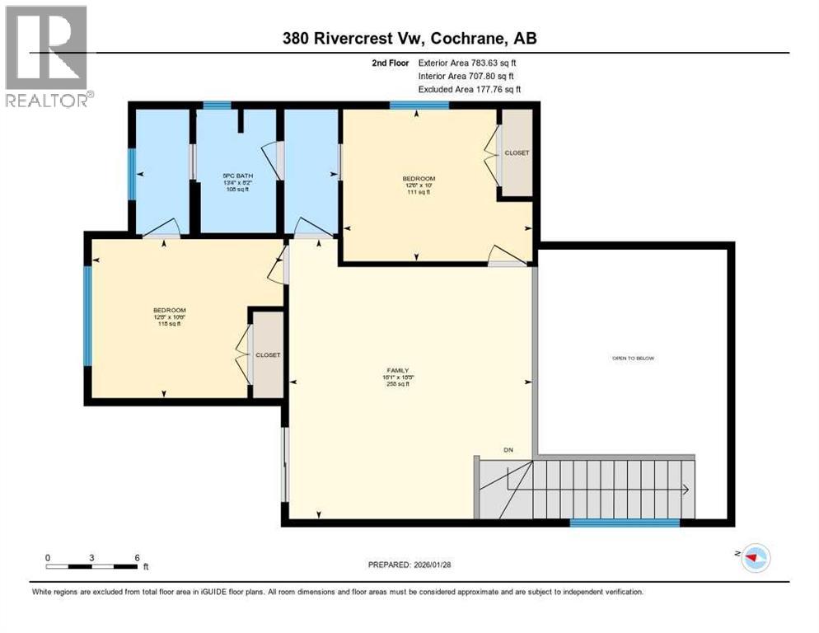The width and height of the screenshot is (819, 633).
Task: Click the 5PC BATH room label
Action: (237, 176)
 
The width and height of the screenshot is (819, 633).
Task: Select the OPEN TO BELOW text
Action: (633, 358)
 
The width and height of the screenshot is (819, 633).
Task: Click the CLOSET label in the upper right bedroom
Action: (517, 153)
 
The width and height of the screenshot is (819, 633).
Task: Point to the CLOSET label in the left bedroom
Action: (268, 354)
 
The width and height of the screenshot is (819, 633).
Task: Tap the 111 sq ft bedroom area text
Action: (419, 192)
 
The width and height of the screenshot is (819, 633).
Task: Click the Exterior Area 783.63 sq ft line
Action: (467, 63)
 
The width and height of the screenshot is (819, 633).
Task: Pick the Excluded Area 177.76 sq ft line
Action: (470, 89)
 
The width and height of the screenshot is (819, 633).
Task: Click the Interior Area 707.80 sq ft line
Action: (467, 76)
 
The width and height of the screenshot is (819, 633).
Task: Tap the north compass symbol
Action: (755, 558)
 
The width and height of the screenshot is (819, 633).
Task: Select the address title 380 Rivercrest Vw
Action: (355, 39)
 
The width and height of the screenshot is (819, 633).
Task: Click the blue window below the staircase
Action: (625, 522)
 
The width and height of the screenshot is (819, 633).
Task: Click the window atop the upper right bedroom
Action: (419, 105)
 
